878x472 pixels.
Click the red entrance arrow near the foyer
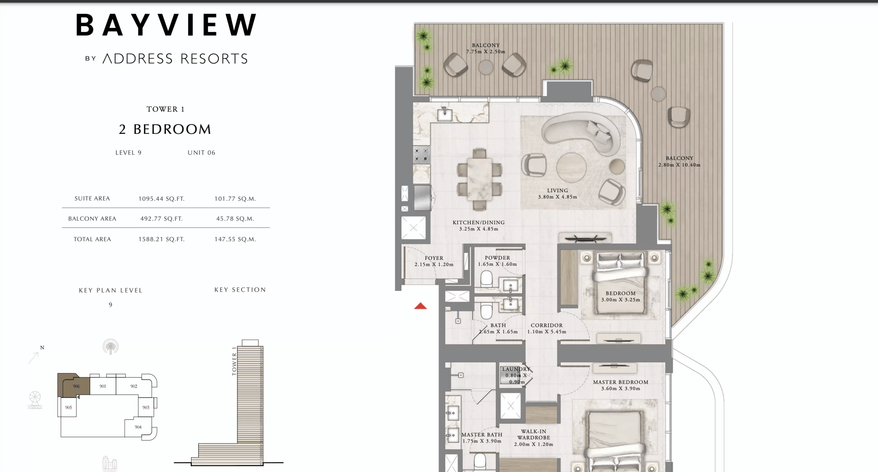(x=420, y=306)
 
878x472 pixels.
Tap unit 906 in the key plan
(x=76, y=386)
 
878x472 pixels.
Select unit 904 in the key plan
(x=138, y=427)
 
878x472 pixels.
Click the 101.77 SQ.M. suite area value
(x=235, y=199)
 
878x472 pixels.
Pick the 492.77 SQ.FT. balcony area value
(x=161, y=219)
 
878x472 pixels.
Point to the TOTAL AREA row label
(x=92, y=239)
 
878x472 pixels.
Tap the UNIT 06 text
(x=201, y=153)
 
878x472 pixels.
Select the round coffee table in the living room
(x=571, y=167)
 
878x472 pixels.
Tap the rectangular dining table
(x=479, y=179)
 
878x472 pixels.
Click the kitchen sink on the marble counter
(x=444, y=114)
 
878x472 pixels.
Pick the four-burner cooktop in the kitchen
(x=421, y=155)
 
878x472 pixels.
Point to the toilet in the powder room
(x=486, y=278)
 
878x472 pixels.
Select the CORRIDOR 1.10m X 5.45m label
(x=546, y=328)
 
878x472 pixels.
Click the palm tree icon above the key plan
(x=110, y=347)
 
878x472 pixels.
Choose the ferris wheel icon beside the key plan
(x=35, y=400)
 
